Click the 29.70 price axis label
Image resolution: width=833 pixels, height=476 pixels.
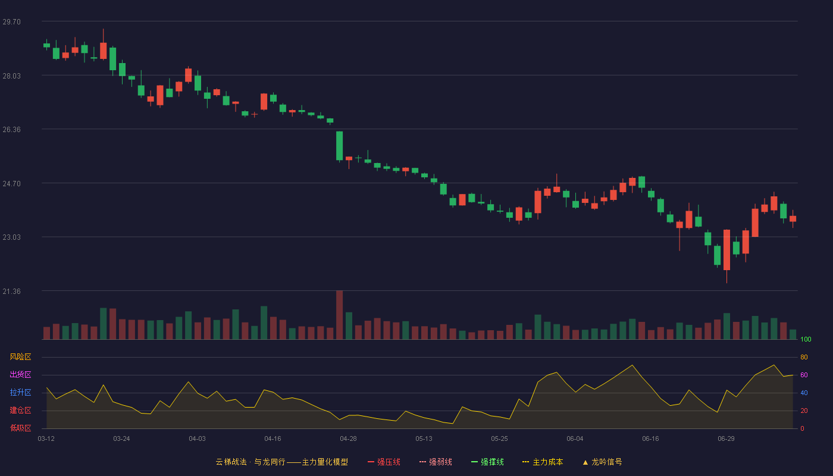coord(11,22)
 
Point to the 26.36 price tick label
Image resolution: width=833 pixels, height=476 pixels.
coord(11,130)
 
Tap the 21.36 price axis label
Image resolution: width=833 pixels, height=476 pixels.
coord(11,291)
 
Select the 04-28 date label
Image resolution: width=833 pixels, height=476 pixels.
coord(348,439)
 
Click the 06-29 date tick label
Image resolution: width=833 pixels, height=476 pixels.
coord(726,439)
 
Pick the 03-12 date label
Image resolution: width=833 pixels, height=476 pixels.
coord(46,439)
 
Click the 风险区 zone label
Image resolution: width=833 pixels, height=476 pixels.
coord(20,356)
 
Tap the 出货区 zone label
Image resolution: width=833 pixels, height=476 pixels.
coord(20,374)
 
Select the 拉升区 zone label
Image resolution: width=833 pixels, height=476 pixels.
coord(20,392)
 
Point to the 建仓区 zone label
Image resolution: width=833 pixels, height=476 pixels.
coord(20,410)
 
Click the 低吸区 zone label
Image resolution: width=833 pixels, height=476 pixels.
coord(20,428)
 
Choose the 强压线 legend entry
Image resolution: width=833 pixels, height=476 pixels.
coord(384,462)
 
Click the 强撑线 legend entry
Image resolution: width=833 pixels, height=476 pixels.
coord(487,462)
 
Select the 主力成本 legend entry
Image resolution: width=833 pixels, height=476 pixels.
coord(543,462)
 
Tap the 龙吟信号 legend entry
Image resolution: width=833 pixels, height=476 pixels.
coord(602,462)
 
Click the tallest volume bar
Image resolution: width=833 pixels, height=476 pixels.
coord(340,315)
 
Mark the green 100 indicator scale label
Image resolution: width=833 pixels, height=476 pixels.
coord(806,339)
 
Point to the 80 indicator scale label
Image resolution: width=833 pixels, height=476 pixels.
coord(804,357)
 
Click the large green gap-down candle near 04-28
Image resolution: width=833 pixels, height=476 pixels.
coord(340,146)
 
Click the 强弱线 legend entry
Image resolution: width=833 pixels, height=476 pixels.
coord(436,462)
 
